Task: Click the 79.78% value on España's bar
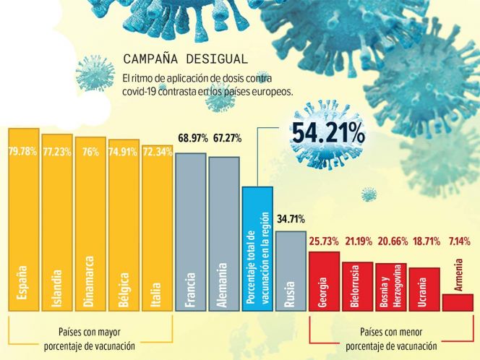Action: (x=23, y=151)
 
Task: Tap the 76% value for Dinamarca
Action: (x=90, y=151)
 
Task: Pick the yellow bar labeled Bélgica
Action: (x=124, y=231)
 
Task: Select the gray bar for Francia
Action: (x=191, y=231)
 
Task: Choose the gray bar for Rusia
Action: (x=291, y=271)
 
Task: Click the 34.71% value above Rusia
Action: (x=291, y=218)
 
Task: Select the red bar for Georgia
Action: (x=324, y=282)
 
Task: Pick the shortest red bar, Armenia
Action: (x=458, y=302)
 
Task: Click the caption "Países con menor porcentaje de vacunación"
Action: (x=390, y=340)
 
